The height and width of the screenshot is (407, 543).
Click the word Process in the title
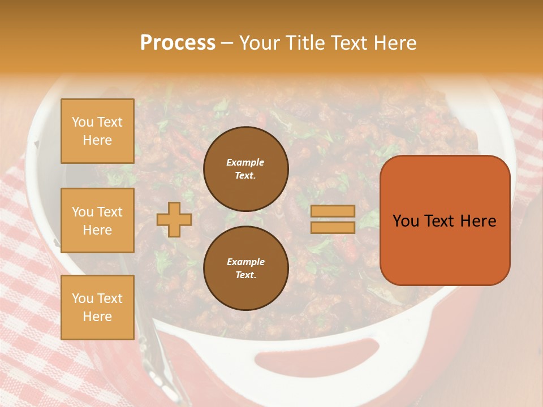[x=178, y=43]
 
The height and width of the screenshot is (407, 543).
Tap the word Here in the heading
[x=395, y=43]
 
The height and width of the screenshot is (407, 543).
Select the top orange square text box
[x=97, y=131]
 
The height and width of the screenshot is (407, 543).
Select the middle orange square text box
[x=97, y=220]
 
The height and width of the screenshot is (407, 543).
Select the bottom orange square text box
[x=97, y=307]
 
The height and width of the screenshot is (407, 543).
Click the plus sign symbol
[x=174, y=219]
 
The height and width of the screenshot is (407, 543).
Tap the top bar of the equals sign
[x=333, y=211]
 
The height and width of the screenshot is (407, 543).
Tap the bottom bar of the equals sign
[x=333, y=227]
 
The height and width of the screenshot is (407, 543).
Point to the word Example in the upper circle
[x=245, y=162]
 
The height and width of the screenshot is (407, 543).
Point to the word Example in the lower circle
[x=245, y=262]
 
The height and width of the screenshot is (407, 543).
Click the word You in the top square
[x=83, y=122]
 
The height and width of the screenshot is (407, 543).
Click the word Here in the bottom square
[x=97, y=317]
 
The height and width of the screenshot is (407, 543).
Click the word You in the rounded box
[x=406, y=221]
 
